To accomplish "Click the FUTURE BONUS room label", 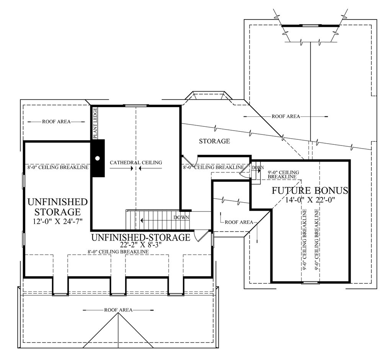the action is (310, 191).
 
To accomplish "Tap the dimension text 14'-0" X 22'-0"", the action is (310, 200).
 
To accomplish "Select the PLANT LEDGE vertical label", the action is (95, 123).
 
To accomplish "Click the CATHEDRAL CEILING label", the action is (136, 163).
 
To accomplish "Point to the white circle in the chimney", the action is (98, 158).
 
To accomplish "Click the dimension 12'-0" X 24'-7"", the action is (58, 221).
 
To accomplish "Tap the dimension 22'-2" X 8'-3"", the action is (141, 244).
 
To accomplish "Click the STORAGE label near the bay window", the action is (214, 141).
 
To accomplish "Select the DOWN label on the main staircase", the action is (181, 218).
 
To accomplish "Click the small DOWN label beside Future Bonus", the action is (258, 168).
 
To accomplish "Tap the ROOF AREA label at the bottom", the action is (118, 310).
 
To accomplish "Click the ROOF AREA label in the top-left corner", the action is (56, 122).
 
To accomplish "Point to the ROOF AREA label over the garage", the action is (286, 116).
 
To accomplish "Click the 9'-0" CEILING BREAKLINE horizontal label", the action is (283, 175).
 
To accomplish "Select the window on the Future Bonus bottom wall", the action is (310, 283).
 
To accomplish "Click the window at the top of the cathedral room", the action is (136, 106).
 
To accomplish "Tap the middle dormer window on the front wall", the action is (118, 295).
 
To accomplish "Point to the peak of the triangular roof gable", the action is (118, 313).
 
